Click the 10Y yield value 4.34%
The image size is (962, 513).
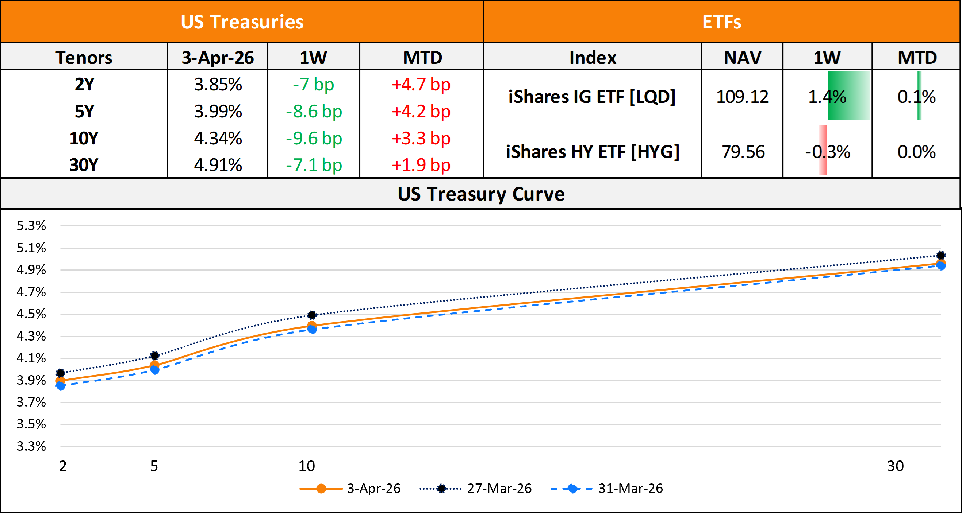tap(218, 139)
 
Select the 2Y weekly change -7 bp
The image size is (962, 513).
tap(313, 85)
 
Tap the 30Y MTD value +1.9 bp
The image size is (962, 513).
tap(421, 165)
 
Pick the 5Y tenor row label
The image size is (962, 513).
tap(84, 112)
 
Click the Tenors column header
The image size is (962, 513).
tap(84, 58)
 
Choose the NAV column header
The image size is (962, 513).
tap(743, 58)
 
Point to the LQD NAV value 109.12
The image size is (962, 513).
tap(742, 97)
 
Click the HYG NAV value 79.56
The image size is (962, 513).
tap(743, 152)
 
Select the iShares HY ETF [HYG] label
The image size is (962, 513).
tap(592, 152)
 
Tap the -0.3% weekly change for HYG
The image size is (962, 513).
tap(828, 152)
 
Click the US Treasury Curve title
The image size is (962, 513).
tap(481, 194)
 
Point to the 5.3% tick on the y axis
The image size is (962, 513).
tap(31, 226)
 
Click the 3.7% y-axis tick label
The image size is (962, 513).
tap(31, 402)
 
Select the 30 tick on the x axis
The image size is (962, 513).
tap(895, 466)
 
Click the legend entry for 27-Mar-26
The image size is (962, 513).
tap(499, 488)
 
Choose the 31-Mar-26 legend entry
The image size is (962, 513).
tap(631, 488)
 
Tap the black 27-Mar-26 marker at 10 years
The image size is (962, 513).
tap(312, 315)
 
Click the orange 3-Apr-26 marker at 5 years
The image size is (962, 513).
tap(154, 365)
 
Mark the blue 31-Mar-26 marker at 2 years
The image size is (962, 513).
tap(61, 386)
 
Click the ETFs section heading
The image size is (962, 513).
tap(721, 22)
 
